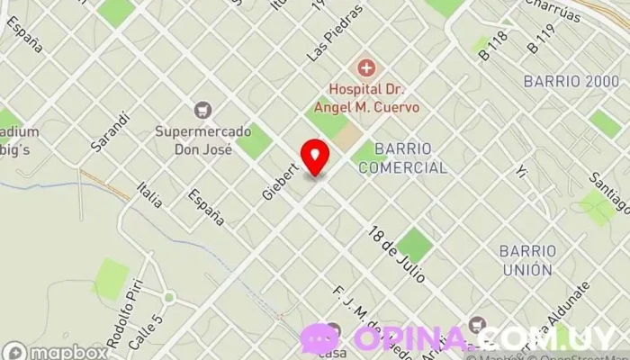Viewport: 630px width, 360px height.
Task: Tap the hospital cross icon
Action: tap(365, 67)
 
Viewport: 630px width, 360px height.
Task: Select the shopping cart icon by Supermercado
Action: tap(202, 110)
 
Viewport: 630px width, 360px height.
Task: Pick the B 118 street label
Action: tap(495, 44)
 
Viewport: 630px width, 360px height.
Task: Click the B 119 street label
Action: tap(542, 37)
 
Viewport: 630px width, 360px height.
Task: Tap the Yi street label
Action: tap(521, 171)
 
